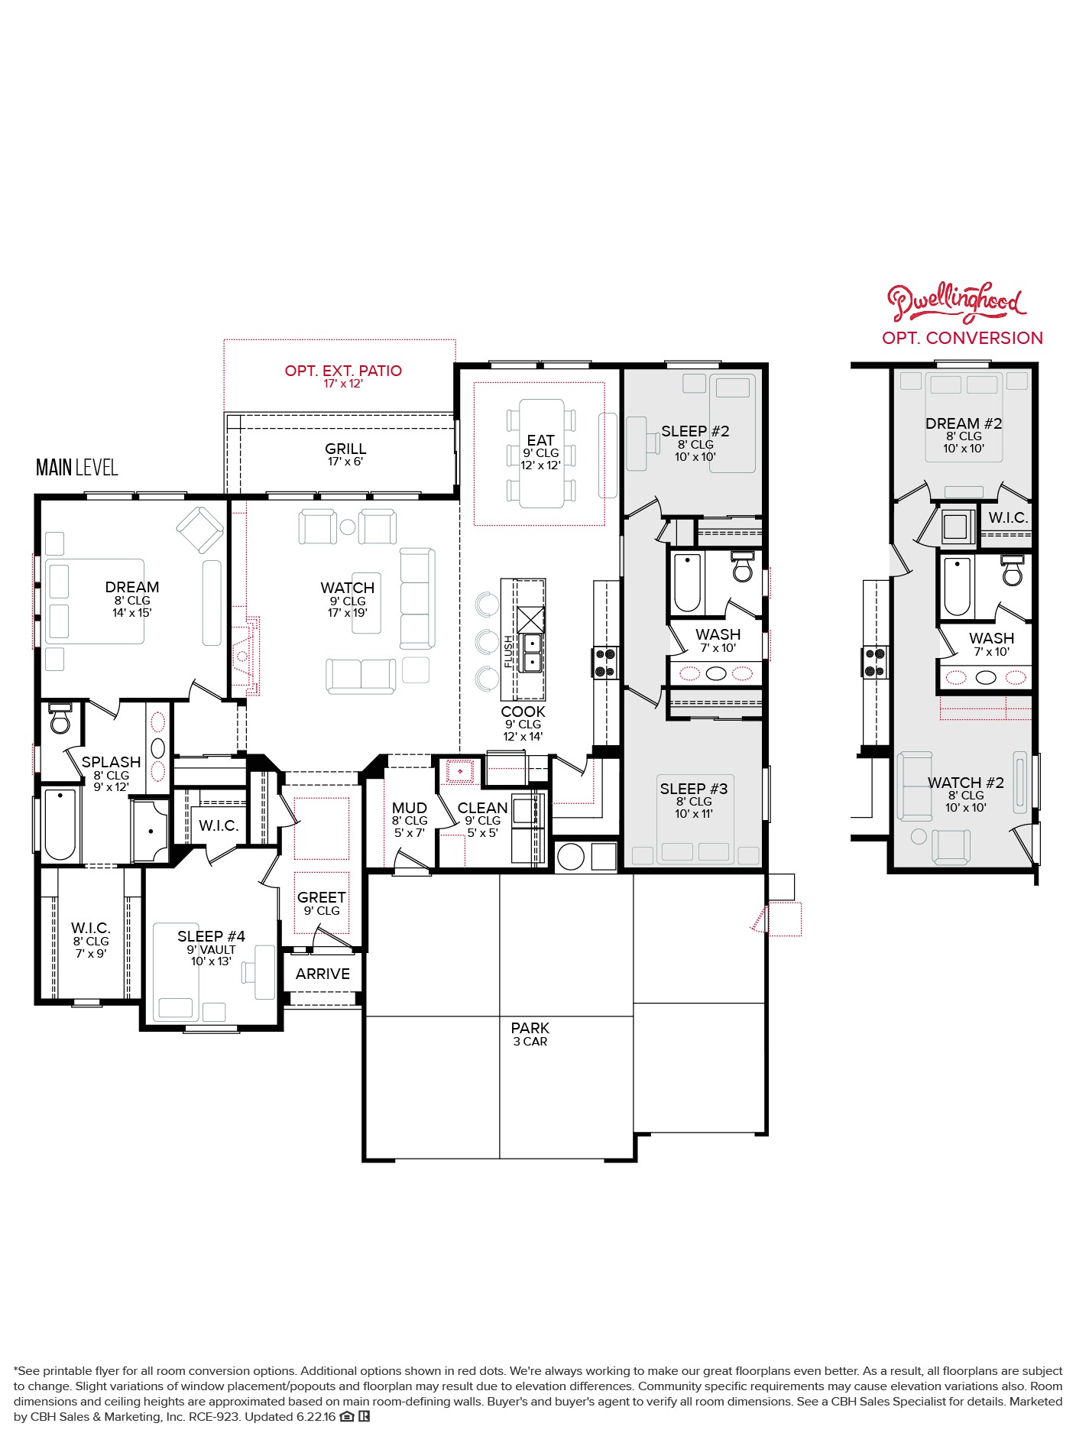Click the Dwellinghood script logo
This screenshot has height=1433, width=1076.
click(x=955, y=302)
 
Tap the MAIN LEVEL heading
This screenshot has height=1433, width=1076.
click(x=77, y=467)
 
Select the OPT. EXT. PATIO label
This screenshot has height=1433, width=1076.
click(x=343, y=371)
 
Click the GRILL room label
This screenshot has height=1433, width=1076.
click(x=345, y=449)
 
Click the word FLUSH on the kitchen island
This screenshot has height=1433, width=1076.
click(x=509, y=652)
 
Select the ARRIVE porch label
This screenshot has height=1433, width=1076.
click(x=322, y=974)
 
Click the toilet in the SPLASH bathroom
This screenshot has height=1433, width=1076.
click(x=60, y=718)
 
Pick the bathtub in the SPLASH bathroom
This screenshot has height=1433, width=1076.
click(x=60, y=824)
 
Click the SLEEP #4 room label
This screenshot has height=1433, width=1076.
click(x=211, y=936)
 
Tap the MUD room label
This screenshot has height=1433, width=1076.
click(x=409, y=808)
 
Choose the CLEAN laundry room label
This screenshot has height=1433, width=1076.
click(x=482, y=808)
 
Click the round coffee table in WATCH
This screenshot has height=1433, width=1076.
click(x=348, y=527)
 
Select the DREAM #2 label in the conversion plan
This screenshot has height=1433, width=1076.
click(x=963, y=423)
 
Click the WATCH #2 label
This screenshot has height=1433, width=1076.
click(x=965, y=783)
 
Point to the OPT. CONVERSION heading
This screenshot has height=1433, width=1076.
click(x=962, y=338)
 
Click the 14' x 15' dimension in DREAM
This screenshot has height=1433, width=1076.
click(x=132, y=612)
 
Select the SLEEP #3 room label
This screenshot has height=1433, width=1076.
click(x=693, y=789)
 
